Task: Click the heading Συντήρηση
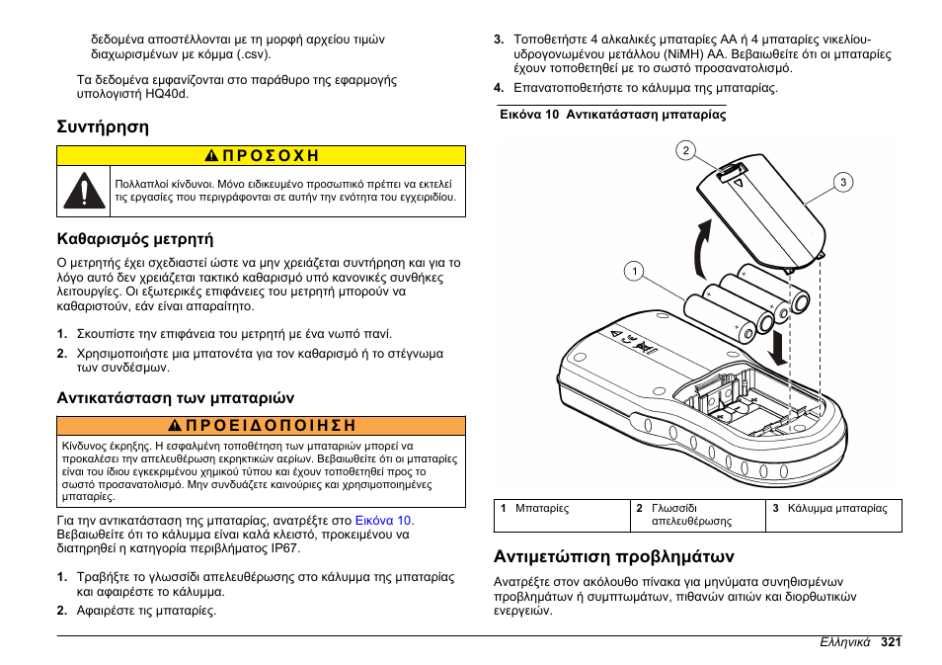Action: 103,126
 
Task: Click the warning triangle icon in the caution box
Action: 85,191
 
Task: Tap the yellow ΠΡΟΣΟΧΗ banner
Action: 261,156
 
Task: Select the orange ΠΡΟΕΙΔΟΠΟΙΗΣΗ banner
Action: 261,426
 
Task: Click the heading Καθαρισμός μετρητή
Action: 134,238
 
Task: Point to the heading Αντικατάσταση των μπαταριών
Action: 175,398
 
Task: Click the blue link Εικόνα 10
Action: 384,521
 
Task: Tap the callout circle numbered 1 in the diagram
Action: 634,270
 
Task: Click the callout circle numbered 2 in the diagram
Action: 684,151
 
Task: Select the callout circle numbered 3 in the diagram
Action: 843,182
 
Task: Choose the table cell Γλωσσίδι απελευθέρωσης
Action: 691,515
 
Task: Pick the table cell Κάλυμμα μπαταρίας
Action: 837,509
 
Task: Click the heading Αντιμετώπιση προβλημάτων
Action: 614,555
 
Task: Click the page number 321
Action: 891,641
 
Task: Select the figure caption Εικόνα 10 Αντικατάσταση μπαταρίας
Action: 612,115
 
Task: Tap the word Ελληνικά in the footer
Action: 845,641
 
